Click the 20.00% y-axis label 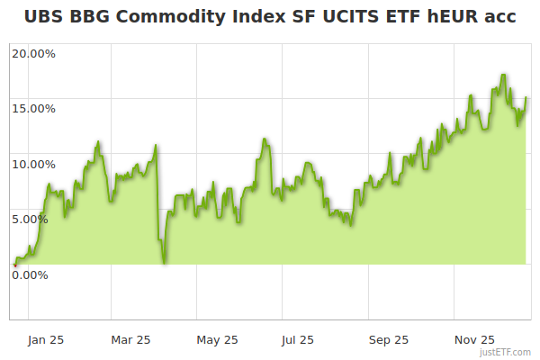(32, 53)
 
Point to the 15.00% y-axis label (32, 109)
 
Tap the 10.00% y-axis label (32, 164)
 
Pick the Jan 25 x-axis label (45, 339)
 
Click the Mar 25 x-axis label (130, 339)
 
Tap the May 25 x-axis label (217, 339)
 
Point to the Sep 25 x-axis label (388, 339)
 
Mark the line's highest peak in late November (504, 75)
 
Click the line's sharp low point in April (165, 263)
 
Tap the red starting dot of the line (14, 265)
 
